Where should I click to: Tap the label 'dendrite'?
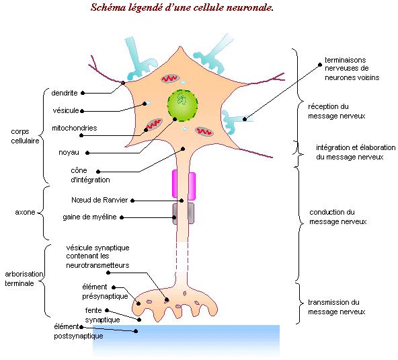click(x=65, y=93)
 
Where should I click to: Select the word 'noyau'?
click(x=69, y=153)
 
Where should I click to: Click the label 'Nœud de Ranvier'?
click(x=99, y=200)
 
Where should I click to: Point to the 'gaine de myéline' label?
click(x=89, y=217)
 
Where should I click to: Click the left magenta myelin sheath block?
click(x=175, y=184)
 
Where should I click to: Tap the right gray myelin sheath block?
click(x=191, y=213)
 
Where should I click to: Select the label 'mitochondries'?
click(x=75, y=128)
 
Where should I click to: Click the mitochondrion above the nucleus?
click(x=171, y=79)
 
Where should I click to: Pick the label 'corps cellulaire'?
click(x=25, y=136)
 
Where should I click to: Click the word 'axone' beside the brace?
click(x=25, y=212)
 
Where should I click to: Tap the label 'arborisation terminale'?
click(x=24, y=279)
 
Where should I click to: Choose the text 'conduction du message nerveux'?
click(x=338, y=217)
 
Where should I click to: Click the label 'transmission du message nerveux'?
click(x=337, y=307)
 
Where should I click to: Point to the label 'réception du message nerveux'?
click(x=337, y=111)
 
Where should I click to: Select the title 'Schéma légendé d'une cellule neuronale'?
click(x=182, y=7)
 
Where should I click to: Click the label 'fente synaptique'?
click(x=103, y=315)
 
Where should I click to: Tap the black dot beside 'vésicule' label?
click(x=82, y=111)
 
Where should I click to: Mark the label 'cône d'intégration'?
click(x=90, y=175)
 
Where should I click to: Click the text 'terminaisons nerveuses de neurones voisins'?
click(x=352, y=69)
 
